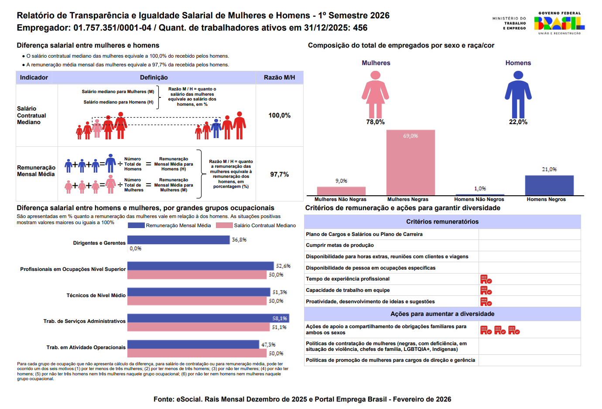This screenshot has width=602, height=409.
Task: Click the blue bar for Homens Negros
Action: [549, 185]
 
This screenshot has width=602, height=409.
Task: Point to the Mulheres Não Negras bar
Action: [341, 191]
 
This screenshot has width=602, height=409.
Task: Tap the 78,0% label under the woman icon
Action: [375, 122]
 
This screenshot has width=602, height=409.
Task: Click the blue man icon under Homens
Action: [518, 94]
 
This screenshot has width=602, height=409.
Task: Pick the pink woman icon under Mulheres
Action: [375, 94]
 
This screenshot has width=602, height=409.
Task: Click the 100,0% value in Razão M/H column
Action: [279, 115]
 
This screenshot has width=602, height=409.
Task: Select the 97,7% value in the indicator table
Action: [279, 174]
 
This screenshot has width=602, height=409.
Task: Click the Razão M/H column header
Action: [279, 77]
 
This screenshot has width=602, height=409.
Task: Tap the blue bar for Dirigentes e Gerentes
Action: [178, 240]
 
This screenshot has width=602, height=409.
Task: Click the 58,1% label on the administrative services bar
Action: [280, 319]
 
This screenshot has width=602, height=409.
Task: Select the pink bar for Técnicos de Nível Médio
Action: [197, 301]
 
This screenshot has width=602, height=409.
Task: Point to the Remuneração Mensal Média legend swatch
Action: [136, 225]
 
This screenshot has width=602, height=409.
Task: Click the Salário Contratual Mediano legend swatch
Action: [224, 225]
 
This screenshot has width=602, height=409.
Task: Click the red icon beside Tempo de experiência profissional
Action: [486, 279]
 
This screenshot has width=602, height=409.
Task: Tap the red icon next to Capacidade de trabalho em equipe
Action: [486, 291]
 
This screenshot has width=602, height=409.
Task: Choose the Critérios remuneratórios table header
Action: [442, 222]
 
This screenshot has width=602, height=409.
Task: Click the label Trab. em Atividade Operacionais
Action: [86, 347]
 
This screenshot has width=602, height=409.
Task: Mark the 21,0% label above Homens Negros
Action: [549, 169]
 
